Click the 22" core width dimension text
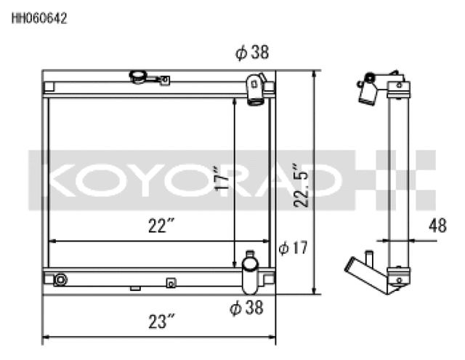click(157, 228)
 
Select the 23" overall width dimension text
click(161, 321)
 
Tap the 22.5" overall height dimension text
click(303, 184)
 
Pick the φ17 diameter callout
click(294, 248)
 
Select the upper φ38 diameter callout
click(251, 52)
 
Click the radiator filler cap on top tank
click(138, 76)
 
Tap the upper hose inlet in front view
click(255, 89)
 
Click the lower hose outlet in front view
click(251, 271)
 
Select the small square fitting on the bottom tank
click(171, 283)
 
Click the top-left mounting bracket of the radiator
click(49, 87)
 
